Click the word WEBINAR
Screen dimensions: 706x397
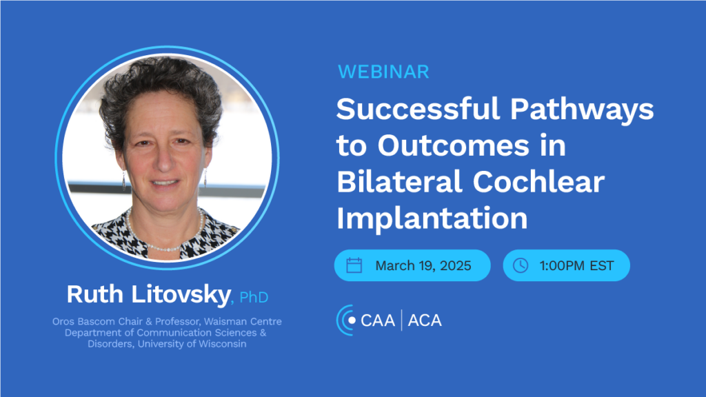pos(383,72)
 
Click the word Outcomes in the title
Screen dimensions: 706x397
pos(454,145)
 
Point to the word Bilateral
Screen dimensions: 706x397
pos(399,181)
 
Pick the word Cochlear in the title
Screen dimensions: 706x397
pos(538,181)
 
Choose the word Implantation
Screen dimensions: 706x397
pos(432,218)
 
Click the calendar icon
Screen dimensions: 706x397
pos(354,265)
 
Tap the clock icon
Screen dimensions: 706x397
pos(521,265)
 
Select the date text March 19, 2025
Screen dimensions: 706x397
pos(423,265)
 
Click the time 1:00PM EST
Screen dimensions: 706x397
pos(576,265)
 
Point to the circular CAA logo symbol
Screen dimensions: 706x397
pos(346,320)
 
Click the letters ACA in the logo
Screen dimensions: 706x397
pos(425,320)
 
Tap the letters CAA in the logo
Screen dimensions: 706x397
pos(378,320)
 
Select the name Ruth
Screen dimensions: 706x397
pos(95,294)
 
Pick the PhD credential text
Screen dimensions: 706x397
pos(254,297)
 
